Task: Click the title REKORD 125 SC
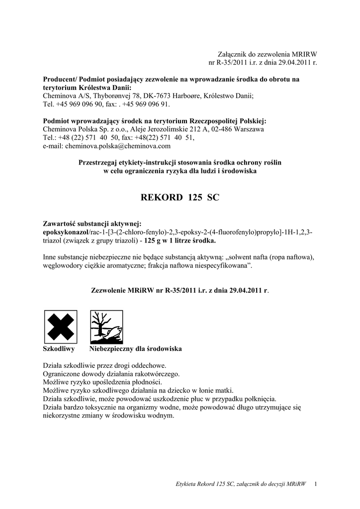click(x=180, y=197)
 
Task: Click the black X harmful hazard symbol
click(x=60, y=326)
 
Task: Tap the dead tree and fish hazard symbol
click(x=105, y=326)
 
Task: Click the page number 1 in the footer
click(x=316, y=484)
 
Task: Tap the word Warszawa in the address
click(x=249, y=129)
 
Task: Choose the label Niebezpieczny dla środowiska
click(x=135, y=349)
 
